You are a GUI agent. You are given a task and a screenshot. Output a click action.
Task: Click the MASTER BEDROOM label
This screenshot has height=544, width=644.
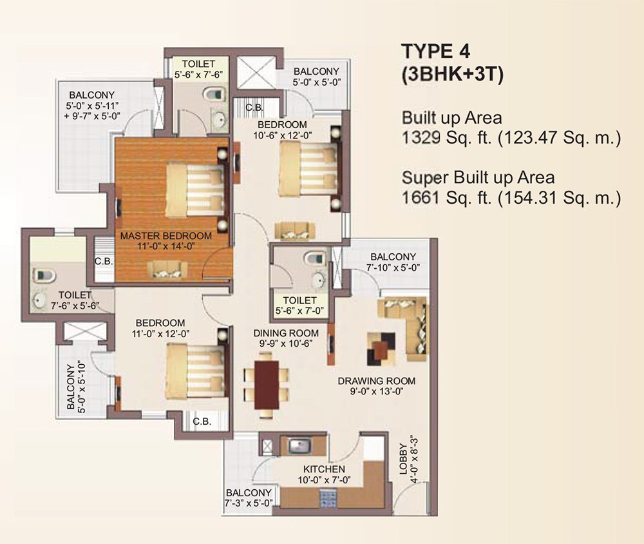[x=166, y=236]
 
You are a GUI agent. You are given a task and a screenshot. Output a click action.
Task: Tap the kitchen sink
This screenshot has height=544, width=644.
[x=299, y=445]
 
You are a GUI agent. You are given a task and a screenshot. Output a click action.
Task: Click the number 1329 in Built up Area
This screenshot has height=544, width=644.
[x=422, y=138]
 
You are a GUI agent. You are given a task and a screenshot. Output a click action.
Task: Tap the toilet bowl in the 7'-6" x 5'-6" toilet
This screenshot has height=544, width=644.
[x=44, y=275]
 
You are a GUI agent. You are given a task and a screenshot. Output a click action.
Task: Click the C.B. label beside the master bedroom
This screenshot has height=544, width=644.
[x=104, y=261]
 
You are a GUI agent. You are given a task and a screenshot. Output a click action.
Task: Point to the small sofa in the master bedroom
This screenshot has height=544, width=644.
[x=166, y=271]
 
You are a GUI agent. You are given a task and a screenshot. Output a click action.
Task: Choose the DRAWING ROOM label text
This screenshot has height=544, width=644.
[x=377, y=381]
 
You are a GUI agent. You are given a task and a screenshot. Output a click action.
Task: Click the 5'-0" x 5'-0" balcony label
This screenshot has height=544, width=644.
[x=316, y=76]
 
